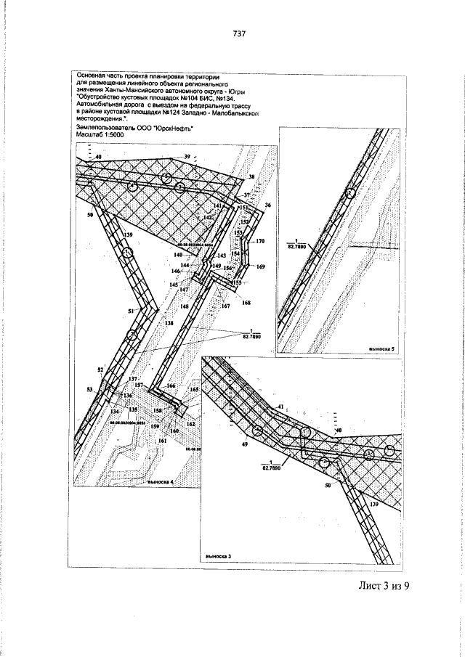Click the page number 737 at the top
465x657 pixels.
pos(240,33)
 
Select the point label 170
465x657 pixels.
pos(261,240)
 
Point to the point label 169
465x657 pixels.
pos(262,267)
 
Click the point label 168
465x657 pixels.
pos(246,302)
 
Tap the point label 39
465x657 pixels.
pos(187,158)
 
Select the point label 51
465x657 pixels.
pos(132,311)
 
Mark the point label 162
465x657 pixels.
pos(190,423)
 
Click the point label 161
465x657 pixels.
pos(162,441)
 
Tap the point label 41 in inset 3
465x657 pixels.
pos(278,407)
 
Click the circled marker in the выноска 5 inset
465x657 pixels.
pos(351,193)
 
